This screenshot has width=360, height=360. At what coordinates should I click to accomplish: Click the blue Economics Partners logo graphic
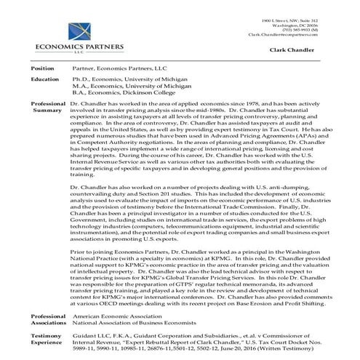click(x=57, y=28)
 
